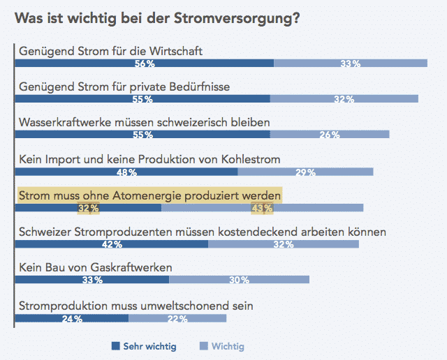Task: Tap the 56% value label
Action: [145, 63]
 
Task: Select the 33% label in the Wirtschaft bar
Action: [351, 63]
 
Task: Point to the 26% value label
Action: [330, 135]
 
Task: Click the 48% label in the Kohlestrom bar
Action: [126, 172]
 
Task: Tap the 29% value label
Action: [305, 172]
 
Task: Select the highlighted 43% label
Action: [262, 208]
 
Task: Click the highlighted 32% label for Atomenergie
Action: [88, 208]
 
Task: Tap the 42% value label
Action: [112, 244]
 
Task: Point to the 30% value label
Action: [239, 280]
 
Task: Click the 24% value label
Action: [72, 319]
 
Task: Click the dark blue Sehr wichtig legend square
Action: [116, 346]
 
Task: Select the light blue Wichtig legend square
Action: [204, 346]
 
